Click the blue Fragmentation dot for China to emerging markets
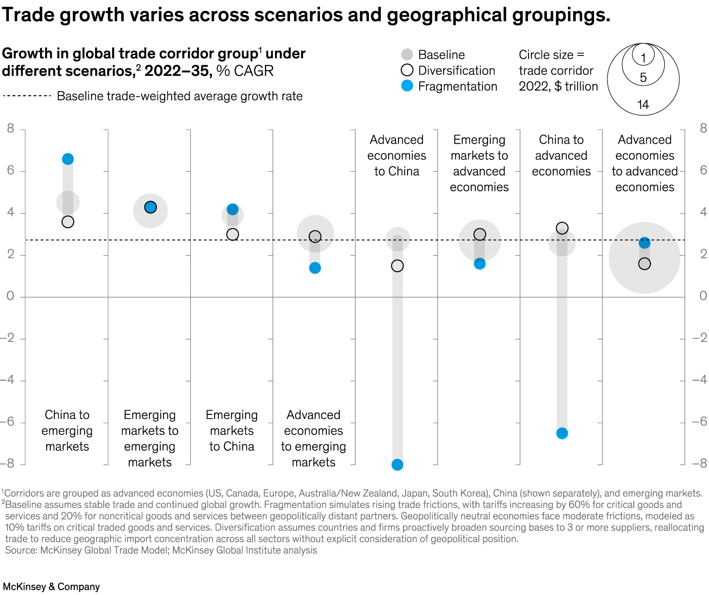68,159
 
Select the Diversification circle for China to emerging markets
68,222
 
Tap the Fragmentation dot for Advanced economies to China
397,465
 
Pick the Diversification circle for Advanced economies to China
397,266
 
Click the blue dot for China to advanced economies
562,433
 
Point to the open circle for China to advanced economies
562,228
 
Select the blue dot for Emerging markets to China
233,209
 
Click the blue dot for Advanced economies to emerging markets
315,268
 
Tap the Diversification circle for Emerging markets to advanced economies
480,235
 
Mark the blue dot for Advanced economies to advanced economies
644,243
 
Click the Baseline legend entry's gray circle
407,55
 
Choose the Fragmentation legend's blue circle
407,86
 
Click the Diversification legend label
457,71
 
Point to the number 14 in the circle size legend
643,105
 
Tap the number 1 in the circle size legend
643,58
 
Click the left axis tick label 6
10,170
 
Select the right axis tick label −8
699,463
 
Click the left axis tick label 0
10,296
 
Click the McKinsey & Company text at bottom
51,587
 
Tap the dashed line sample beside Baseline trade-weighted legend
27,96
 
